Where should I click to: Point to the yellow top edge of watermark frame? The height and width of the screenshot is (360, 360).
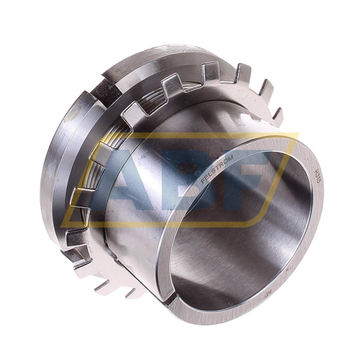(x=216, y=134)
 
